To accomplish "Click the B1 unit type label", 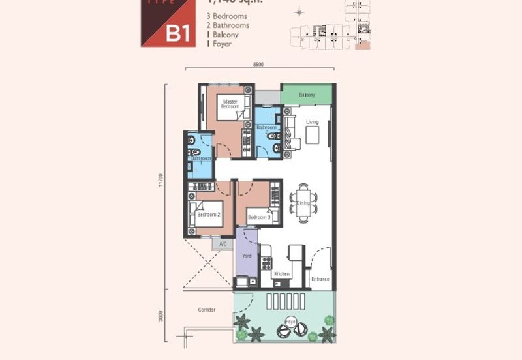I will coord(177,33).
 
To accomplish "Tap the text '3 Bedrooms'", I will coord(226,15).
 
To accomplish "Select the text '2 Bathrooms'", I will coord(228,25).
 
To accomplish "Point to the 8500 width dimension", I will coord(258,64).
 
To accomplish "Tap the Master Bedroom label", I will coord(230,104).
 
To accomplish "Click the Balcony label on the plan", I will coord(307,95).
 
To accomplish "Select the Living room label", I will coord(313,122).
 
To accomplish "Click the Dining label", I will coord(303,203).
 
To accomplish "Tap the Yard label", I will coord(247,256).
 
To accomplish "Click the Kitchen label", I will coord(281,275).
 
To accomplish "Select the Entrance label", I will coord(320,279).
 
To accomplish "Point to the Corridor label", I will coord(206,310).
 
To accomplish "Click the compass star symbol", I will coord(299,12).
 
